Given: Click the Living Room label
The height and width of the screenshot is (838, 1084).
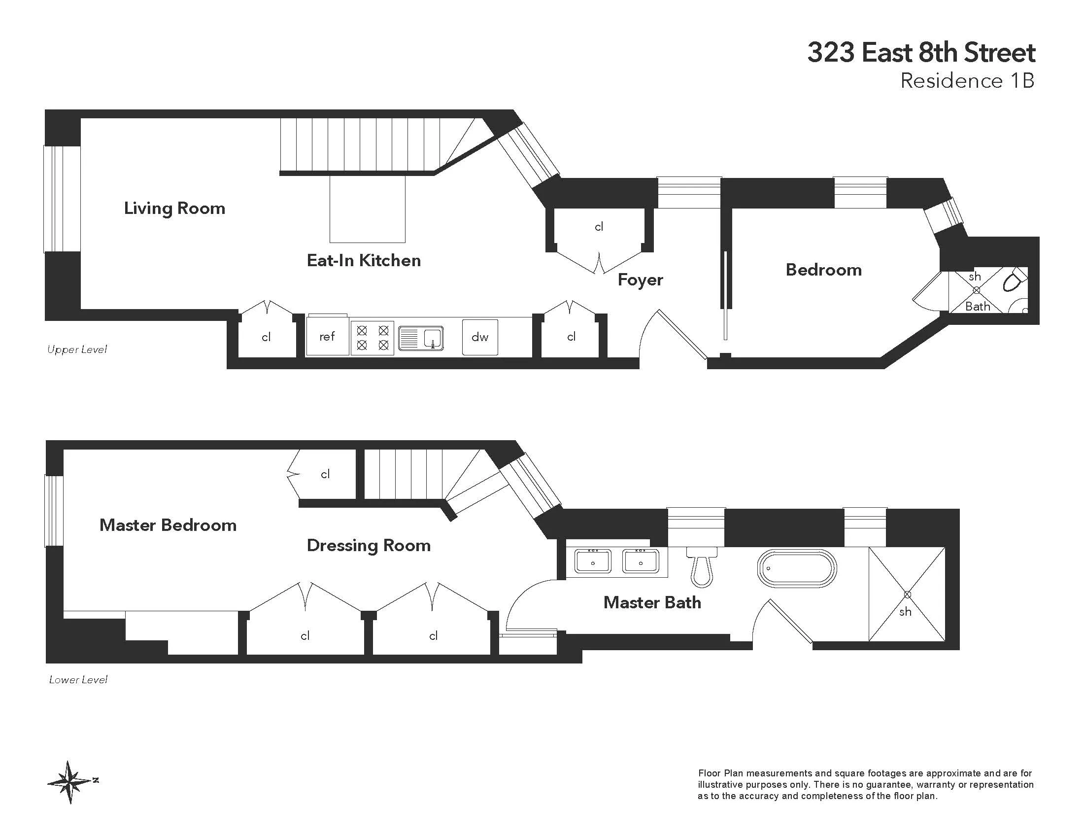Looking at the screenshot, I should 174,208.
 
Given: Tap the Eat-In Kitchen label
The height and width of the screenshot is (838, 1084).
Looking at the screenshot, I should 363,260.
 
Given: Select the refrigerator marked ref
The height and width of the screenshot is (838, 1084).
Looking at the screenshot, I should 327,337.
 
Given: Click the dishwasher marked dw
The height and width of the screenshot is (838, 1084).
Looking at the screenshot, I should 480,337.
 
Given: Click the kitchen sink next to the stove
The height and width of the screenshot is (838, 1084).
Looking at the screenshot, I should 421,338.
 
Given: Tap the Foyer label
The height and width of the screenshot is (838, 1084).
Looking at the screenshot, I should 640,279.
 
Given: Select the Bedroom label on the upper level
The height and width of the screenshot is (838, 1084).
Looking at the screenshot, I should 823,270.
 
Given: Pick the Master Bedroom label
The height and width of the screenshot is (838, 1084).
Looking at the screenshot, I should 168,525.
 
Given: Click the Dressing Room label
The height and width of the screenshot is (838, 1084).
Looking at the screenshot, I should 368,546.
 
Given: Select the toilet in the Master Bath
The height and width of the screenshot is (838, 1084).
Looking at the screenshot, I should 701,568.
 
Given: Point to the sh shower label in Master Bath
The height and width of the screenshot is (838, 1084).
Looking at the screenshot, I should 905,612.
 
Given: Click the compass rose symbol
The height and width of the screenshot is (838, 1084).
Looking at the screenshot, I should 71,781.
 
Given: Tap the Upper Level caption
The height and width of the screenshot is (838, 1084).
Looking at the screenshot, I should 77,349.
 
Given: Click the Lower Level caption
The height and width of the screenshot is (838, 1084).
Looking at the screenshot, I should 78,680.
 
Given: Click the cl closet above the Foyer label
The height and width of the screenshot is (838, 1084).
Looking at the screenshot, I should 599,227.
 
